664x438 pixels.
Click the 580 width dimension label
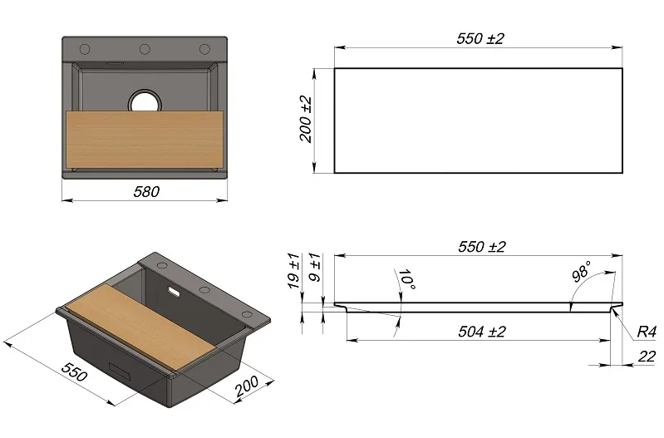146,192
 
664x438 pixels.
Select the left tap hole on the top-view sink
85,49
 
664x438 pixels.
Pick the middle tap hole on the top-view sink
145,49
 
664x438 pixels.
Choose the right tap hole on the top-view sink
204,49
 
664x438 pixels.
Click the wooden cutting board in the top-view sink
145,140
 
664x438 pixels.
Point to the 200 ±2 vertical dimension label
306,120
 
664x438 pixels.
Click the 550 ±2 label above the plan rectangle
480,38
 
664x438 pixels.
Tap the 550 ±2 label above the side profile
482,247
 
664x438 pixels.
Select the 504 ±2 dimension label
482,332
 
